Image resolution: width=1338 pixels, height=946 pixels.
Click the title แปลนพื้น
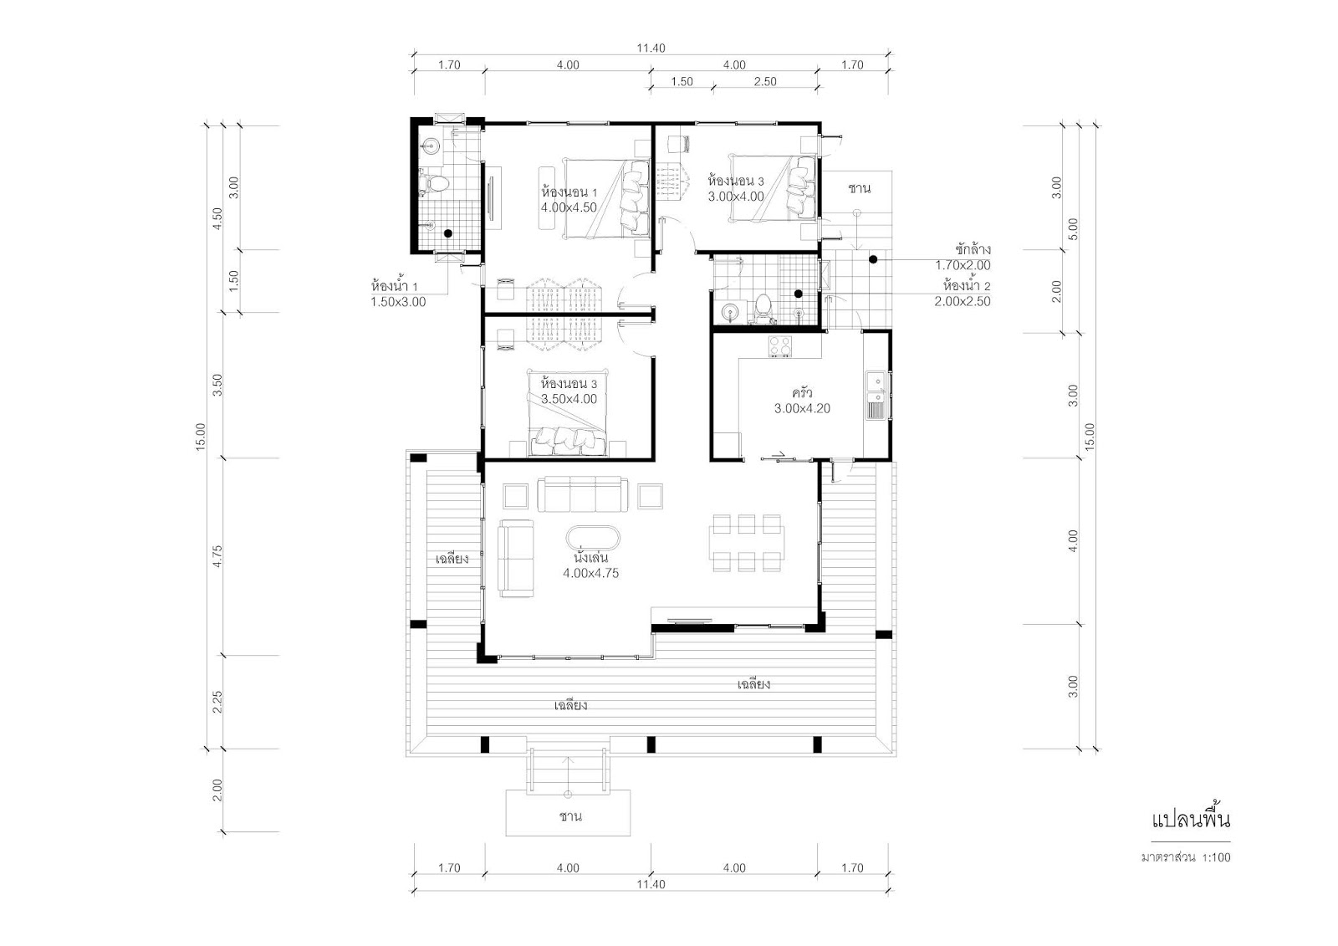tap(1191, 821)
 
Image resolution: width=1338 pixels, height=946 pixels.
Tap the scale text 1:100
tap(1215, 857)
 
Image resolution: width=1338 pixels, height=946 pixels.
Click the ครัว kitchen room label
tap(802, 393)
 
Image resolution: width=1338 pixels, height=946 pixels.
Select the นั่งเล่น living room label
tap(590, 558)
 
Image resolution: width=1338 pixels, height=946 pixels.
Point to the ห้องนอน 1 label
tap(569, 192)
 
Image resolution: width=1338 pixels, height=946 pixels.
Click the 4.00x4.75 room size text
tap(590, 573)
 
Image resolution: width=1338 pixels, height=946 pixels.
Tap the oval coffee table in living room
tap(593, 538)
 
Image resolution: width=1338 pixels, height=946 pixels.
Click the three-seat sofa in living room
tap(584, 493)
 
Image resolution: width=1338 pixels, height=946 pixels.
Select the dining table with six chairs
tap(747, 543)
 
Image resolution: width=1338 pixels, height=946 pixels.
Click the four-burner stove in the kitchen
tap(779, 345)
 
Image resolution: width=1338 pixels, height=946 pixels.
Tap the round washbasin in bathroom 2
tap(729, 311)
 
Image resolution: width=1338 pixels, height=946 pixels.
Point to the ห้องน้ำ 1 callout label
tap(395, 286)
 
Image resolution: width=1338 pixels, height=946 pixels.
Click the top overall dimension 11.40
tap(651, 48)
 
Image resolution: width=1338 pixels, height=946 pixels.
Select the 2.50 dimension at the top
tap(764, 81)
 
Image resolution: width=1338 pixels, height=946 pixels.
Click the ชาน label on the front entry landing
tap(570, 816)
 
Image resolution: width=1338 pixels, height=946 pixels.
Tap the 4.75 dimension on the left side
tap(217, 555)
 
